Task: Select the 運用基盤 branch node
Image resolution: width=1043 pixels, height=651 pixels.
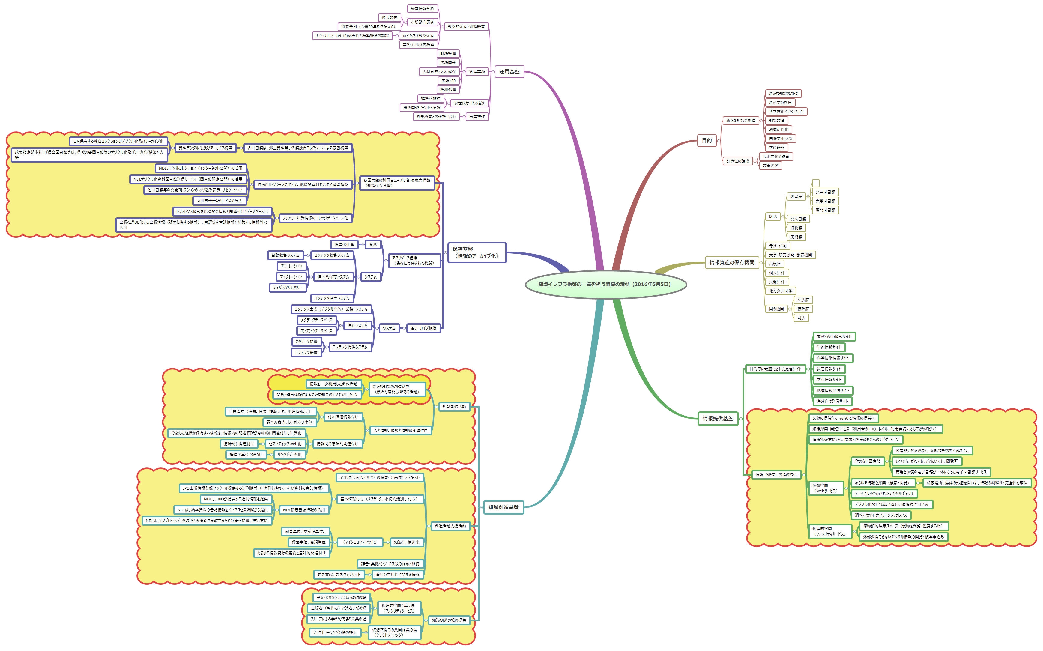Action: [509, 72]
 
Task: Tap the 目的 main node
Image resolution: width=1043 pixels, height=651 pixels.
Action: [707, 140]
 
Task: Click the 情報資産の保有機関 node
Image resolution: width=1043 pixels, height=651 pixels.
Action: [731, 263]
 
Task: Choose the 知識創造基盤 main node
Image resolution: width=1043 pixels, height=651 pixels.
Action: [503, 507]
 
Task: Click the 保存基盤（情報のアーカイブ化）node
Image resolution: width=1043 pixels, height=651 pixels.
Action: [477, 252]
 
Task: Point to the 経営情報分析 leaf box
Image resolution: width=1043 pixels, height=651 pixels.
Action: [422, 9]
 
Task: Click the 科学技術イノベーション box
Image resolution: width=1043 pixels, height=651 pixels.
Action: [786, 112]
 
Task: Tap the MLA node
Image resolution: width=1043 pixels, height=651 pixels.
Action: [773, 217]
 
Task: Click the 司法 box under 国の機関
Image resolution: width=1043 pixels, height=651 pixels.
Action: [801, 318]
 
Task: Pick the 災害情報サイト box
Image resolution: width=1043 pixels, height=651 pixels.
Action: [829, 369]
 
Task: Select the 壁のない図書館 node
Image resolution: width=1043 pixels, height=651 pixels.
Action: [867, 461]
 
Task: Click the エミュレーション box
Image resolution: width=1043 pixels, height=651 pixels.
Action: [291, 266]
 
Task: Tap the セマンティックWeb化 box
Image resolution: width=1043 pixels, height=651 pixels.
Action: [285, 444]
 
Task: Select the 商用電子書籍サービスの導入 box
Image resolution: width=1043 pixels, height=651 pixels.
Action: [219, 201]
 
